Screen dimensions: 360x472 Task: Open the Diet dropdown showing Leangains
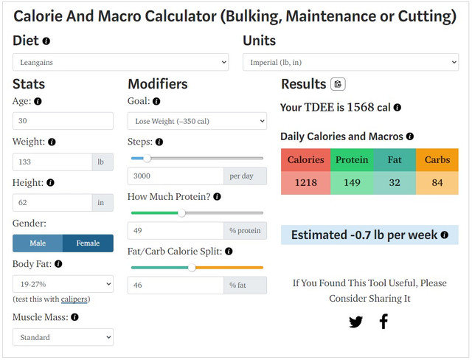pyautogui.click(x=121, y=63)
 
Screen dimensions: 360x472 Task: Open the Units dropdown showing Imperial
pyautogui.click(x=351, y=63)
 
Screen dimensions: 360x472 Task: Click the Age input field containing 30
pyautogui.click(x=63, y=121)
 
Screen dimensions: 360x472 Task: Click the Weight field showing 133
pyautogui.click(x=52, y=162)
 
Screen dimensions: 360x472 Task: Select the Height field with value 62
pyautogui.click(x=52, y=202)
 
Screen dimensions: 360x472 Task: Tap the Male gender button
pyautogui.click(x=38, y=243)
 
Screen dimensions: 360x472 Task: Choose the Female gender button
pyautogui.click(x=88, y=243)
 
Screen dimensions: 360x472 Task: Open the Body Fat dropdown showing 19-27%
pyautogui.click(x=63, y=283)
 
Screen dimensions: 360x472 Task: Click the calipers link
pyautogui.click(x=74, y=299)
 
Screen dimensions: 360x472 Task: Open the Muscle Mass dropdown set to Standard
pyautogui.click(x=63, y=337)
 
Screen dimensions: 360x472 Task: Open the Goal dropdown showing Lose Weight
pyautogui.click(x=197, y=121)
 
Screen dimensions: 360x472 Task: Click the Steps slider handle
pyautogui.click(x=147, y=158)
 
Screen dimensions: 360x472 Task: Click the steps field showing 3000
pyautogui.click(x=176, y=176)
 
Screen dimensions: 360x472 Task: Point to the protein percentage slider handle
pyautogui.click(x=181, y=212)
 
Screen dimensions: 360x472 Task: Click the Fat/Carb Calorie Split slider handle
pyautogui.click(x=192, y=267)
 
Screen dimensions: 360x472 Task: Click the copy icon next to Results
pyautogui.click(x=338, y=84)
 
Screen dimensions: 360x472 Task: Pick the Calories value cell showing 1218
pyautogui.click(x=305, y=182)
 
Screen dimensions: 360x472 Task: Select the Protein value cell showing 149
pyautogui.click(x=352, y=182)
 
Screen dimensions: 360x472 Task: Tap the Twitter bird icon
pyautogui.click(x=355, y=322)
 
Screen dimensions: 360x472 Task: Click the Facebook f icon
pyautogui.click(x=383, y=322)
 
